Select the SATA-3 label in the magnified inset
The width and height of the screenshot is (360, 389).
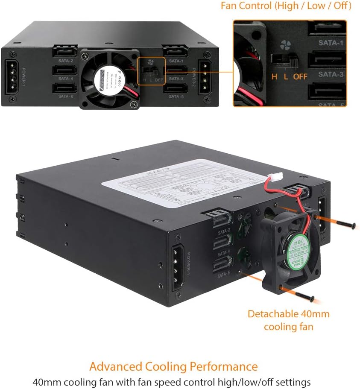click(331, 74)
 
